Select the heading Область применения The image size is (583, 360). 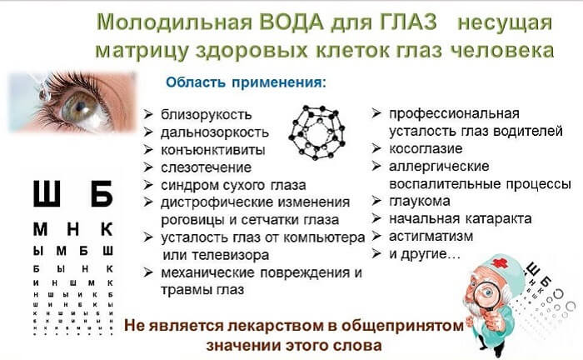247,83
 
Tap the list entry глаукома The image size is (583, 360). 420,201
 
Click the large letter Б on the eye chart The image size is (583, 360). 101,195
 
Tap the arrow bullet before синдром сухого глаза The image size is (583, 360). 147,185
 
